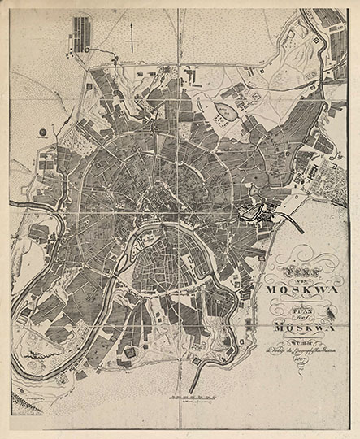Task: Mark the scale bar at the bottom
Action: coord(195,398)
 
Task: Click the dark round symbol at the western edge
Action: coord(40,131)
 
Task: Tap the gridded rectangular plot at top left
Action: coord(83,32)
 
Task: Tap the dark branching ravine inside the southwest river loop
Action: coord(39,355)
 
